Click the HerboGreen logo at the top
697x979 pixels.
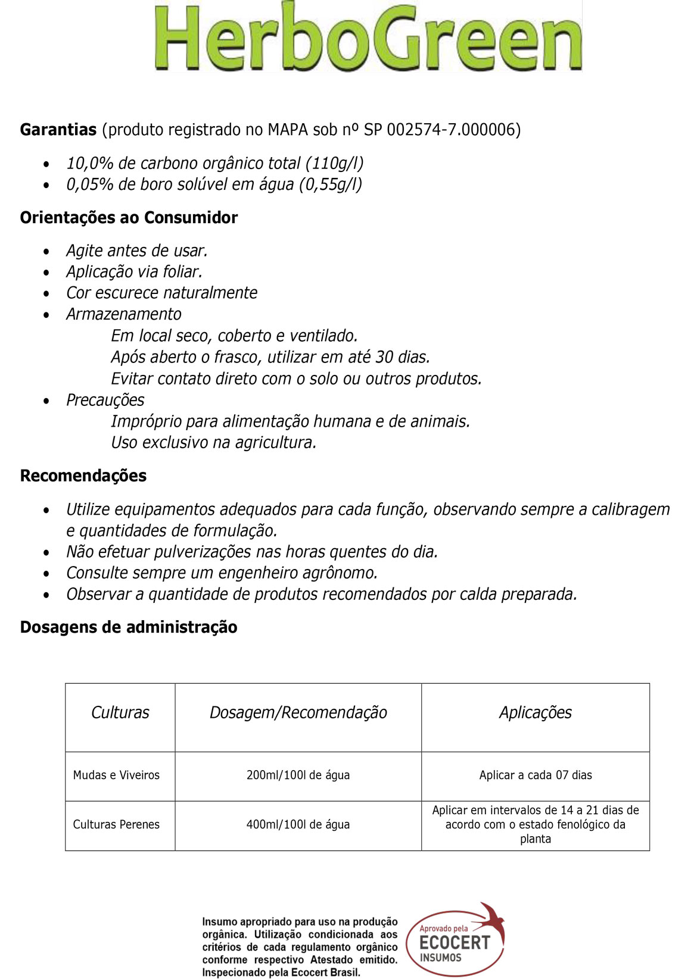[368, 37]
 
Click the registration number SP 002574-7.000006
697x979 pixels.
[441, 130]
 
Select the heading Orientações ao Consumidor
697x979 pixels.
[129, 218]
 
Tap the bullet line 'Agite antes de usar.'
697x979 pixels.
[137, 251]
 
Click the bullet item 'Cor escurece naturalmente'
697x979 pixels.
[161, 293]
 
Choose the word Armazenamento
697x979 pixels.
[124, 314]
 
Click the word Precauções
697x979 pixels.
[105, 400]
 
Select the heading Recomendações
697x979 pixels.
[83, 476]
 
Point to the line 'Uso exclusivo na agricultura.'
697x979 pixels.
[213, 443]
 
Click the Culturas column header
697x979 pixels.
[120, 712]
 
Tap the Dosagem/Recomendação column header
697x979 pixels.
[298, 712]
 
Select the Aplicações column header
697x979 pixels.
[535, 712]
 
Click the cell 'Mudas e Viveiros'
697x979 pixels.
[116, 775]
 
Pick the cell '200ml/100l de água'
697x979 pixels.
[298, 775]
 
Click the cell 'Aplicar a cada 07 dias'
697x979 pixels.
[535, 775]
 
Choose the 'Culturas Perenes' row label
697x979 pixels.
[116, 825]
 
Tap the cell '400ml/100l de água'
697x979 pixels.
[298, 825]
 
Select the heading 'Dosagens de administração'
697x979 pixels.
[129, 627]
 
